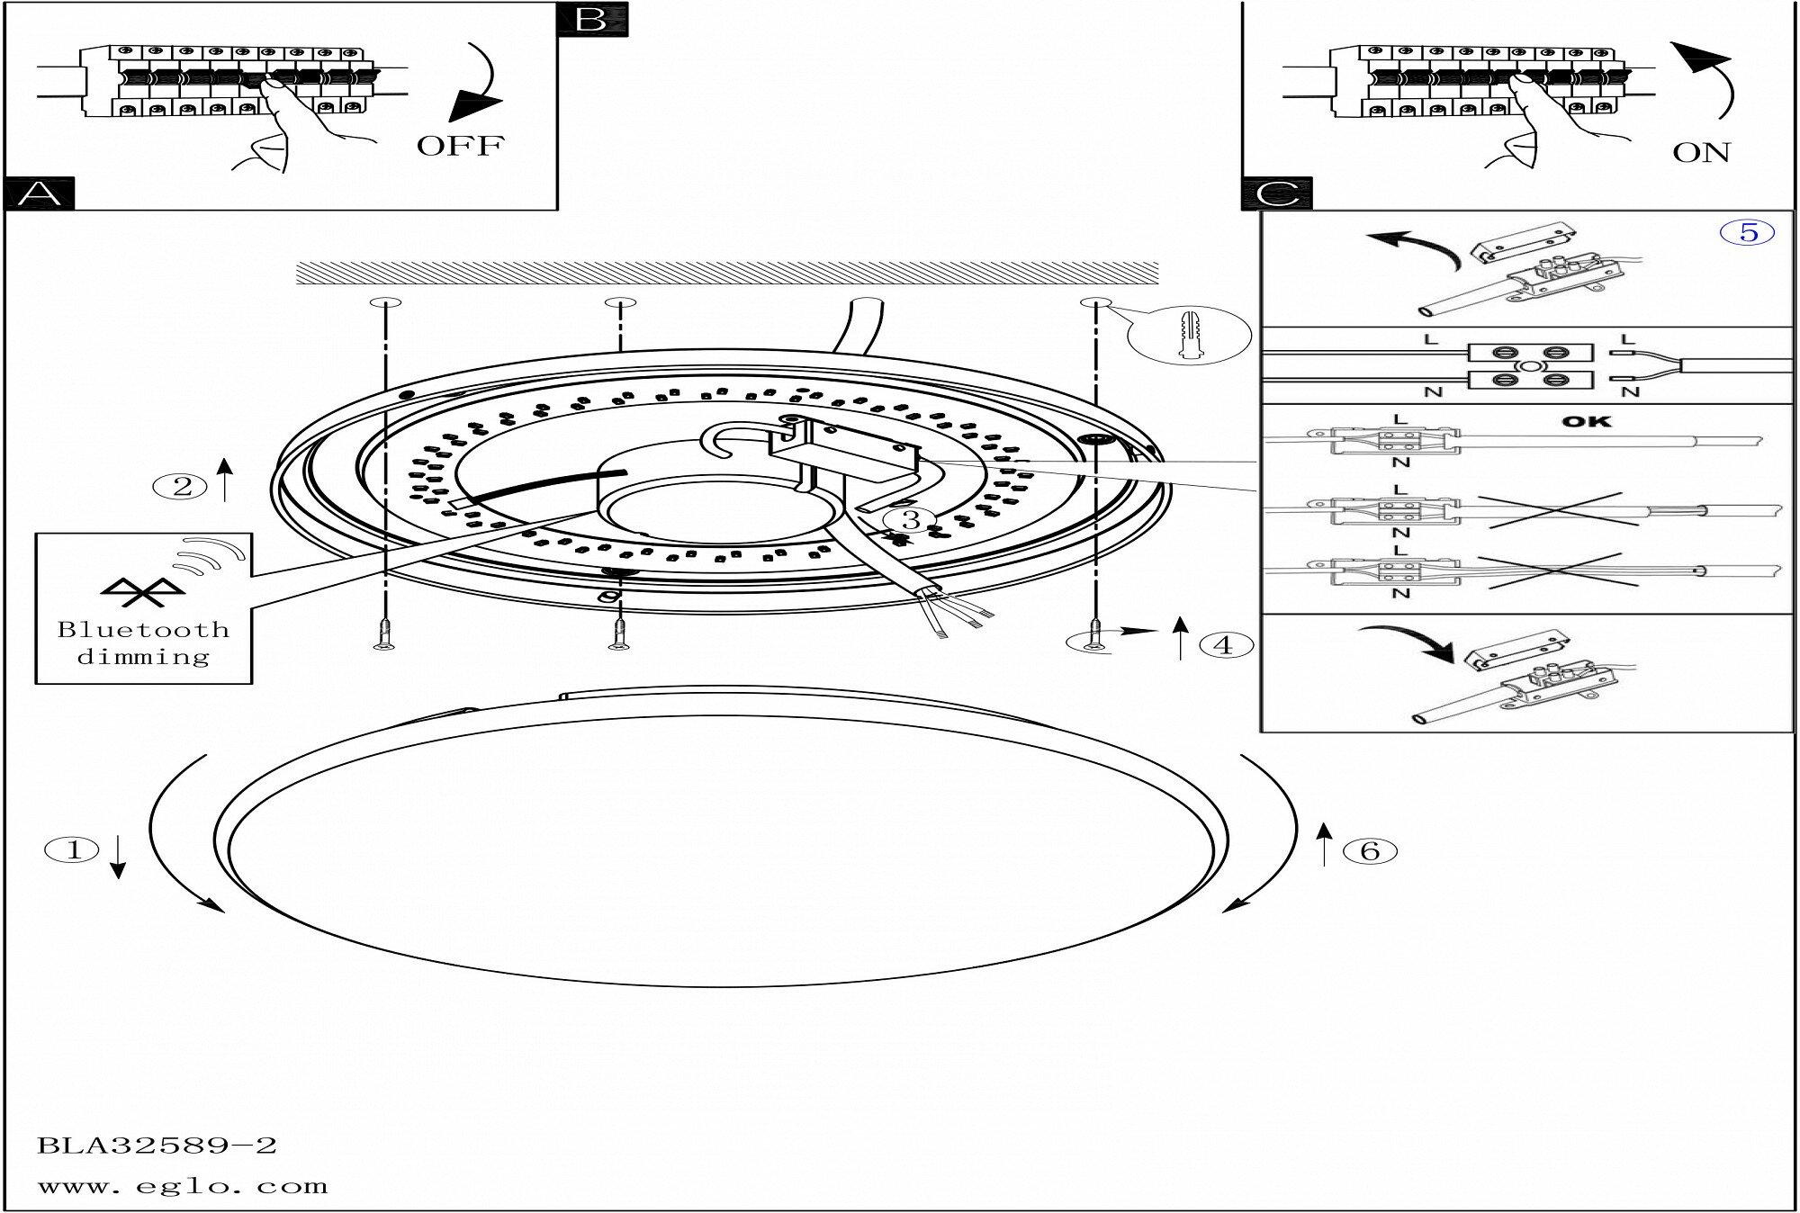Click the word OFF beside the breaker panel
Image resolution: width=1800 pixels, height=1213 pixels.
[460, 146]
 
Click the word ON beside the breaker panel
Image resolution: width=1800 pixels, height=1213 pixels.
[1701, 153]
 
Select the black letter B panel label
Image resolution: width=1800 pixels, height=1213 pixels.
[591, 19]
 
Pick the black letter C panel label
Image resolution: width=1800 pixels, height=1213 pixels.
[1276, 193]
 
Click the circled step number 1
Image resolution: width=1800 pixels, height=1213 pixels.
[73, 849]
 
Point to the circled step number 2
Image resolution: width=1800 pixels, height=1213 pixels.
[182, 487]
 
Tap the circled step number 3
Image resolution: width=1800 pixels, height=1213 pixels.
[910, 520]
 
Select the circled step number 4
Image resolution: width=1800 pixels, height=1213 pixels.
[1222, 644]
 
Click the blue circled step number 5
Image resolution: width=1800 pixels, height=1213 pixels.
[1748, 232]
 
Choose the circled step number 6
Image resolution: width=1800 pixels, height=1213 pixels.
[1369, 850]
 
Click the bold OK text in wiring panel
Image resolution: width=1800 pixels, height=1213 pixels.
[1586, 421]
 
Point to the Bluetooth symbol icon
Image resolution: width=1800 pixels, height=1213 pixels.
[142, 591]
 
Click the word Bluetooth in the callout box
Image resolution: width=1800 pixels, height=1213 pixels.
[143, 630]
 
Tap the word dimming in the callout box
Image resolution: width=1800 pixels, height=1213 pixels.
[143, 657]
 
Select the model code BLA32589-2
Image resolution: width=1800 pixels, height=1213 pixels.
[157, 1146]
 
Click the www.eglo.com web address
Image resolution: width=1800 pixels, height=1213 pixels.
[183, 1186]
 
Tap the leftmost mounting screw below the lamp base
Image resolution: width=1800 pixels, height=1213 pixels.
[384, 634]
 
